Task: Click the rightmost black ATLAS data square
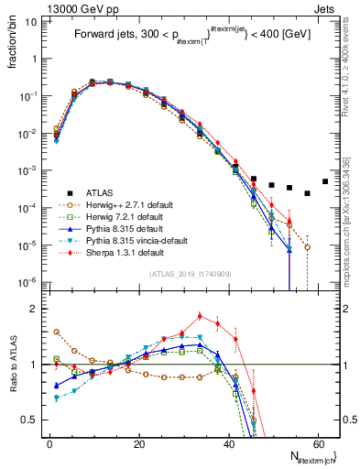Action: point(325,181)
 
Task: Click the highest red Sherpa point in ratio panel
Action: point(201,316)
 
